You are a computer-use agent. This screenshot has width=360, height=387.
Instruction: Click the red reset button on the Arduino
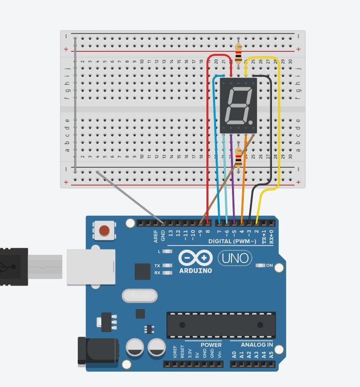click(105, 231)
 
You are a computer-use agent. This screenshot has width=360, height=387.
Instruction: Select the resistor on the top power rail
click(238, 53)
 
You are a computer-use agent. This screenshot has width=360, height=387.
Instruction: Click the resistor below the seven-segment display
click(239, 156)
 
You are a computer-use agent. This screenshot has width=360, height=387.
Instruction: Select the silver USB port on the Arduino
click(90, 267)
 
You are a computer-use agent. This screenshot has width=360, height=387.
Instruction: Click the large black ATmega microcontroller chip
click(221, 324)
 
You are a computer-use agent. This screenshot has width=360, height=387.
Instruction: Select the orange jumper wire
click(244, 179)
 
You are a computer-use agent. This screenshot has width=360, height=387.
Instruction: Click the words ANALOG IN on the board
click(251, 345)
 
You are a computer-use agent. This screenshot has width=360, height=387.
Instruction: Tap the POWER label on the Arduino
click(211, 345)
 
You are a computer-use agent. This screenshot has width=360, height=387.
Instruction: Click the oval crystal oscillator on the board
click(138, 296)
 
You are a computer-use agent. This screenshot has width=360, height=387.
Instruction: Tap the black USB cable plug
click(13, 267)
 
